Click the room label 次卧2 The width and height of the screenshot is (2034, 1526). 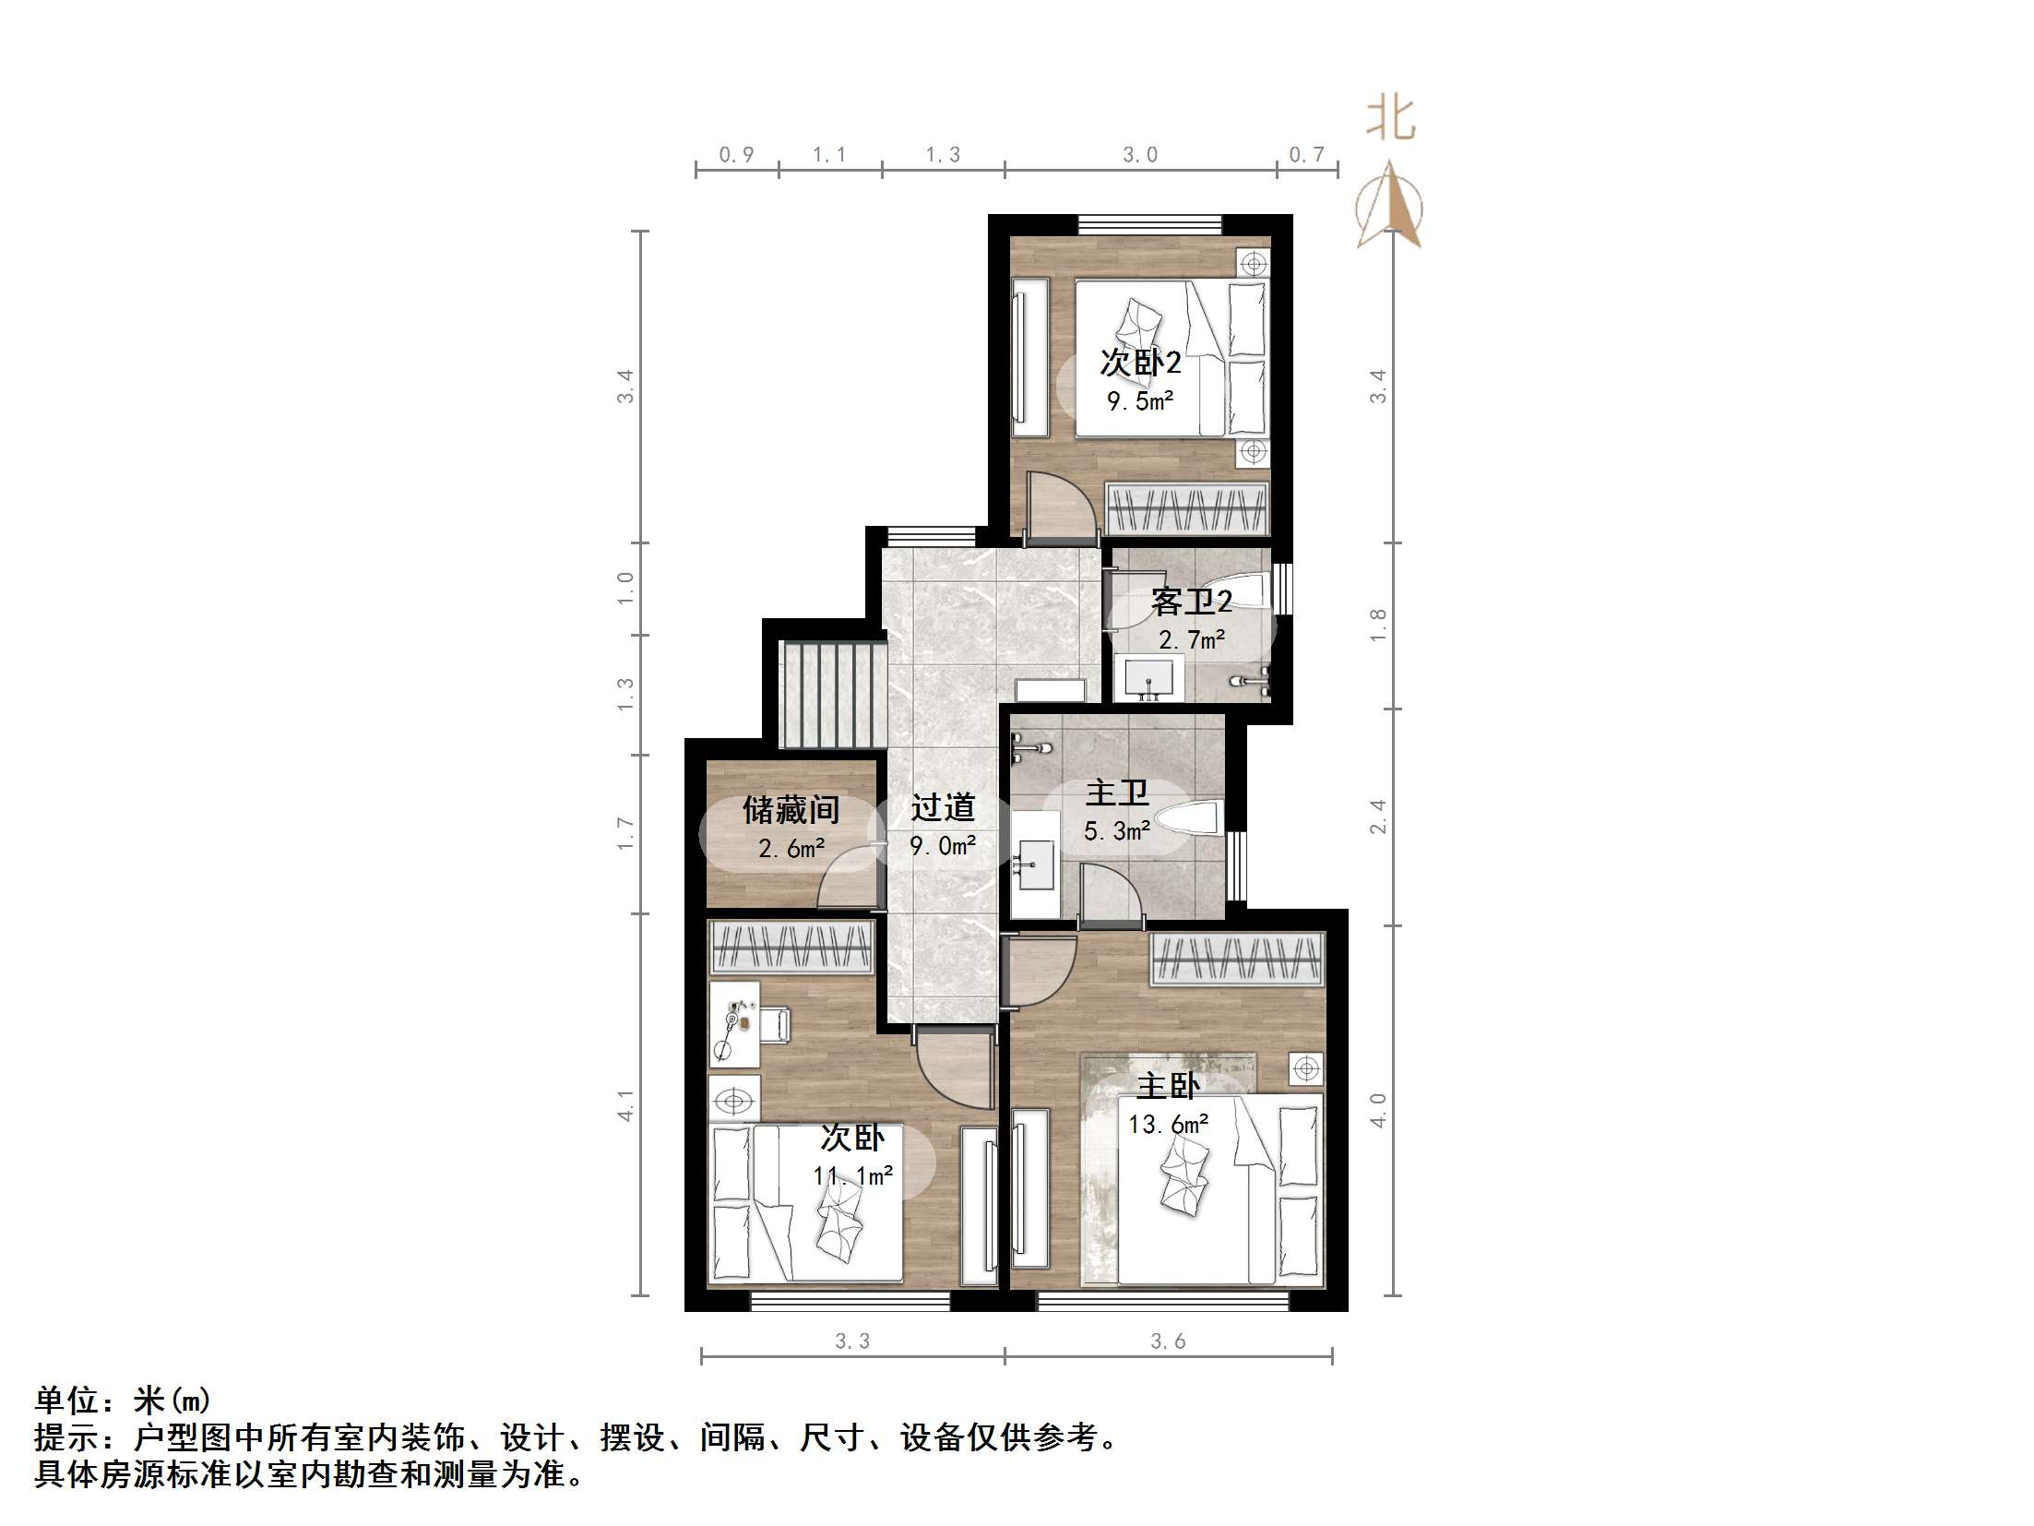click(x=1140, y=363)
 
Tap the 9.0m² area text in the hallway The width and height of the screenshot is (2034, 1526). click(x=943, y=845)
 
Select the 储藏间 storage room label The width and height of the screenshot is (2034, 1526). click(x=791, y=810)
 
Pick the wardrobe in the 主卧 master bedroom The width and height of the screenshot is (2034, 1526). click(x=1237, y=960)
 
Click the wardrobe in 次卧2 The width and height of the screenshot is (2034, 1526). click(x=1187, y=510)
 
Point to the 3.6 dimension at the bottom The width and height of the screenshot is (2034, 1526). click(x=1168, y=1341)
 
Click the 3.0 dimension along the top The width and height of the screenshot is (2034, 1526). click(x=1140, y=155)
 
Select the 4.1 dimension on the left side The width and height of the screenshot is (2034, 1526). click(x=626, y=1106)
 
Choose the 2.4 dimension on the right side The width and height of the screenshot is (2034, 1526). click(x=1378, y=817)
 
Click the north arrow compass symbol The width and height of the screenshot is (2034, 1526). click(x=1389, y=208)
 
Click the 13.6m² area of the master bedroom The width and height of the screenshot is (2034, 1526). click(x=1168, y=1125)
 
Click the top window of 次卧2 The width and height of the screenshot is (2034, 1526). click(x=1150, y=224)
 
